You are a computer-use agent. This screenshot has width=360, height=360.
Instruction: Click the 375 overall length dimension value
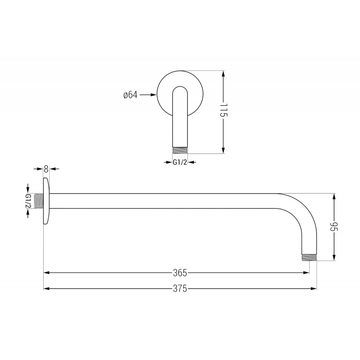click(x=180, y=289)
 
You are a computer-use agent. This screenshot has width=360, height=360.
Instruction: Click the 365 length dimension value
click(x=180, y=273)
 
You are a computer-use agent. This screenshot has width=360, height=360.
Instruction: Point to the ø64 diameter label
click(x=130, y=95)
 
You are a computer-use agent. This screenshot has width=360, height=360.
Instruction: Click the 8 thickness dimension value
click(x=46, y=169)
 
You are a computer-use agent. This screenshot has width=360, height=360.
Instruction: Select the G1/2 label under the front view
click(x=180, y=163)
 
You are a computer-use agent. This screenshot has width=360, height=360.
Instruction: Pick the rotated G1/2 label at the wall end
click(x=28, y=201)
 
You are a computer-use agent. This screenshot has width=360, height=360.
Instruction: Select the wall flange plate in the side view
click(x=46, y=201)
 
